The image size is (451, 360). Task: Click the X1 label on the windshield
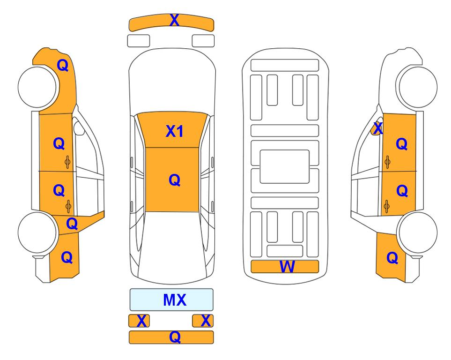[175, 131]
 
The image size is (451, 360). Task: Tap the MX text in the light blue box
[175, 300]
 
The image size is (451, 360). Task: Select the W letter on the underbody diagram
[287, 267]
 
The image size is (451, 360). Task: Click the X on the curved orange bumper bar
[175, 20]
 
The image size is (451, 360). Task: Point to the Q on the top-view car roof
[175, 180]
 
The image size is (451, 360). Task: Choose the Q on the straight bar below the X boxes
[175, 337]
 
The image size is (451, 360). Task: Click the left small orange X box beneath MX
[139, 321]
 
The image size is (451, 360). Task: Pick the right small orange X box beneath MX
[203, 321]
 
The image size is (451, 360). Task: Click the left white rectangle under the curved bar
[139, 41]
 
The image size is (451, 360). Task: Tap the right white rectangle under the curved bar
[203, 41]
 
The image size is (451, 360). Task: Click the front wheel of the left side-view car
[37, 87]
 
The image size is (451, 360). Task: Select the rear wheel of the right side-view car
[417, 232]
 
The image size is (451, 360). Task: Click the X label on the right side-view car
[377, 128]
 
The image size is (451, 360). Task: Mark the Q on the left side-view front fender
[63, 65]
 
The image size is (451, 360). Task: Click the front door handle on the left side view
[67, 162]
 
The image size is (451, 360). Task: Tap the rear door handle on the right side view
[387, 206]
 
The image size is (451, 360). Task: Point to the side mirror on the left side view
[79, 128]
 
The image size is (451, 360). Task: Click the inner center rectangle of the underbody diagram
[284, 166]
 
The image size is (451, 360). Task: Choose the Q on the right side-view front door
[401, 144]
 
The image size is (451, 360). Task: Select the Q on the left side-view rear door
[59, 190]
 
